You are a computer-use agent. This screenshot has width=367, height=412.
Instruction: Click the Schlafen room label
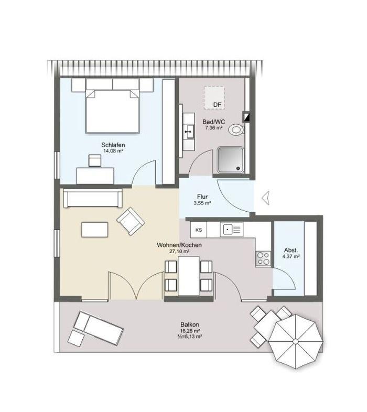pyautogui.click(x=113, y=145)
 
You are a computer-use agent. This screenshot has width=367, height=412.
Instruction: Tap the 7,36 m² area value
pyautogui.click(x=214, y=128)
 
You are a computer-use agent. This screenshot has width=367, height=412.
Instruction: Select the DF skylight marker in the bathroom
pyautogui.click(x=217, y=105)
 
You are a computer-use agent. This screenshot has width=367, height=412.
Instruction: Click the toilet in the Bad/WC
pyautogui.click(x=236, y=130)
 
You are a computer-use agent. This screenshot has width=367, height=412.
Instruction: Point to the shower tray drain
pyautogui.click(x=238, y=168)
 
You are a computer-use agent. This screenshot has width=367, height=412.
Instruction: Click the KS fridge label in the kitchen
pyautogui.click(x=199, y=230)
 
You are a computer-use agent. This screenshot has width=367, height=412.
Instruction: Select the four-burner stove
pyautogui.click(x=263, y=258)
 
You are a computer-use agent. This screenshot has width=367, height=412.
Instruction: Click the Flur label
pyautogui.click(x=202, y=197)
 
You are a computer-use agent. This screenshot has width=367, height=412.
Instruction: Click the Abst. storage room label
pyautogui.click(x=291, y=250)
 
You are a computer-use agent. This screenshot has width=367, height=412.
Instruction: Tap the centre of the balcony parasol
pyautogui.click(x=296, y=341)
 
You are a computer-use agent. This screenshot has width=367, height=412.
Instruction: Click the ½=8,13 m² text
pyautogui.click(x=190, y=337)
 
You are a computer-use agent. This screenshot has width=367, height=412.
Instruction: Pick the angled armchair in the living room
pyautogui.click(x=131, y=221)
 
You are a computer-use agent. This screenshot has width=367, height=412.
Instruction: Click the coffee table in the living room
pyautogui.click(x=95, y=230)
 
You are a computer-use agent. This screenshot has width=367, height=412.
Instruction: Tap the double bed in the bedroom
pyautogui.click(x=112, y=112)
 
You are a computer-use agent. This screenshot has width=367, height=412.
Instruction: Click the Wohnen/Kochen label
pyautogui.click(x=179, y=245)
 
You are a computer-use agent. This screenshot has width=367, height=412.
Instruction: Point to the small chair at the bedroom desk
pyautogui.click(x=95, y=160)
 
